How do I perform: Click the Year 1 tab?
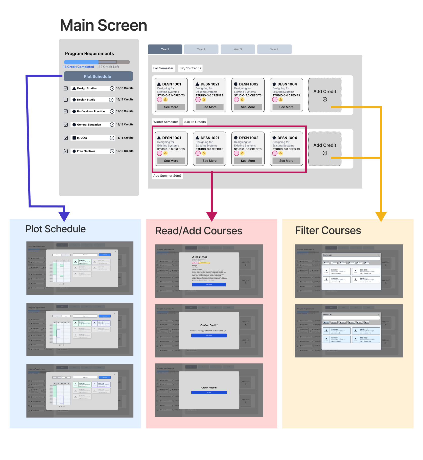tap(165, 49)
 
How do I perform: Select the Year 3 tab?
tap(238, 49)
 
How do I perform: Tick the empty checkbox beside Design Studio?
tap(66, 100)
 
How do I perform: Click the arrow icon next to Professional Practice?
tap(112, 111)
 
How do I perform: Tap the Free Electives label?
tap(86, 151)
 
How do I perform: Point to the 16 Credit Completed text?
tap(78, 67)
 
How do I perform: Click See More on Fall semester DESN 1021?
tap(209, 107)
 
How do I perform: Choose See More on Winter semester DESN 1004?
tap(286, 161)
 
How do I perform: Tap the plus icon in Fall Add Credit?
tap(325, 99)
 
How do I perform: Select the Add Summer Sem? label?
tap(167, 176)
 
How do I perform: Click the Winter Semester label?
tap(166, 122)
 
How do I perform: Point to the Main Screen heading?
tap(103, 25)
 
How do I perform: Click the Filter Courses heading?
tap(328, 231)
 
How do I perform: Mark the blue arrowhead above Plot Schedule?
tap(64, 216)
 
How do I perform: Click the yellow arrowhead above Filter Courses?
tap(381, 217)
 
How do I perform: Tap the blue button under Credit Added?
tap(209, 392)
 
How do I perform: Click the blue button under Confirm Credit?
tap(209, 336)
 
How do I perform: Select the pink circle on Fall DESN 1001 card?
tap(160, 100)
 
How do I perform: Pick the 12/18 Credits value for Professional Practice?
tap(125, 111)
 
